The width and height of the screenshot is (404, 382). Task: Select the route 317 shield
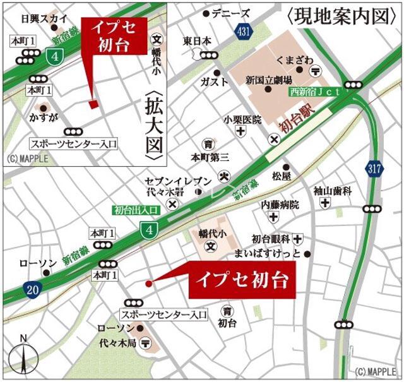click(374, 167)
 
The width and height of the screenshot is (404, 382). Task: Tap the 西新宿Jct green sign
click(315, 91)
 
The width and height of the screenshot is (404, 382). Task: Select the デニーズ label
click(230, 13)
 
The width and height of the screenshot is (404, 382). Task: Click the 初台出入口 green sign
click(135, 210)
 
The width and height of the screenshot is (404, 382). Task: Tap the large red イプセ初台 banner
click(242, 277)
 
